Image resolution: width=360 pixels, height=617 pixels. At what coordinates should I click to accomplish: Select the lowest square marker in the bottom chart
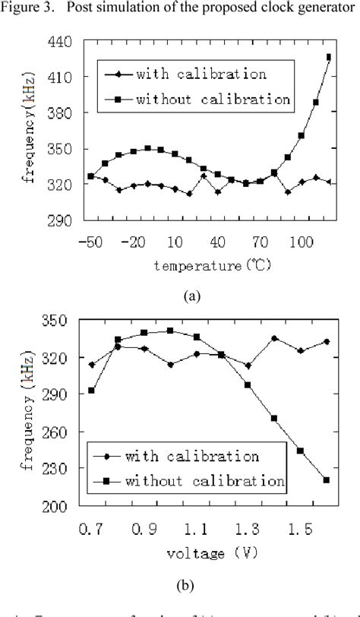pyautogui.click(x=326, y=479)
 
